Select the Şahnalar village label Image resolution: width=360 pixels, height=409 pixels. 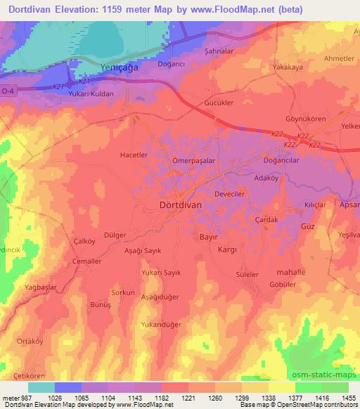click(x=218, y=51)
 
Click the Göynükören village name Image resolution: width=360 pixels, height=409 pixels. click(x=305, y=119)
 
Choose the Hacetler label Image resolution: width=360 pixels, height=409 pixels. click(x=134, y=155)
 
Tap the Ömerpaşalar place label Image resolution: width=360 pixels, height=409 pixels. click(x=193, y=160)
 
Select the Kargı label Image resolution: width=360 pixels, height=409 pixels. click(x=226, y=250)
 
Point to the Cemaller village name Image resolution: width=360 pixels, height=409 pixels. click(x=88, y=261)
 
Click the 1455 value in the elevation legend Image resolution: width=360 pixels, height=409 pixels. click(x=347, y=397)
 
